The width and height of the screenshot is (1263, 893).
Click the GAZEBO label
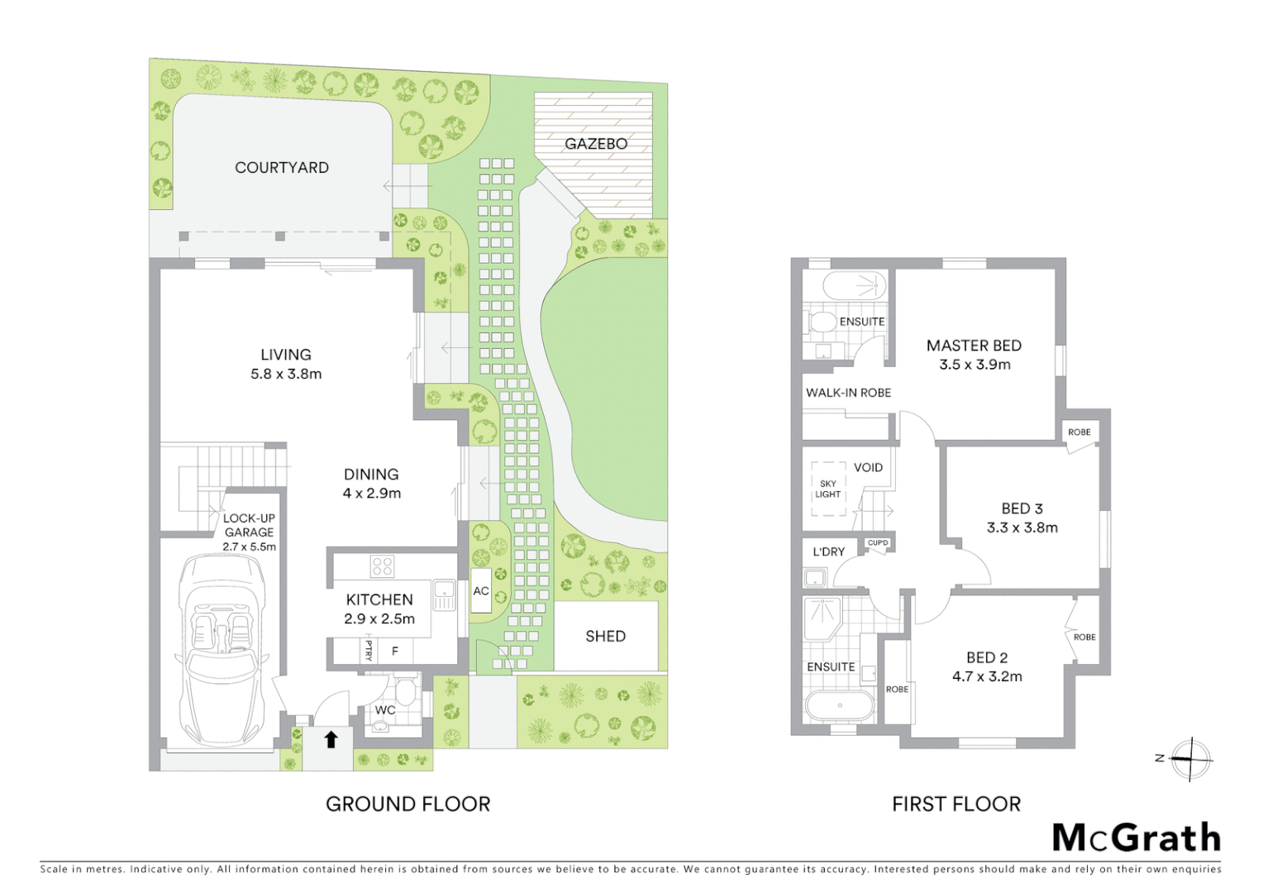pyautogui.click(x=596, y=144)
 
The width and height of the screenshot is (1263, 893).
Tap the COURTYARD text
pyautogui.click(x=282, y=168)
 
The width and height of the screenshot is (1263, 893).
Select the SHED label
pyautogui.click(x=605, y=636)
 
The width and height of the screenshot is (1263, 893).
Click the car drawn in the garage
pyautogui.click(x=220, y=649)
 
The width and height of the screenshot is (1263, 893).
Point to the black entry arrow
pyautogui.click(x=331, y=739)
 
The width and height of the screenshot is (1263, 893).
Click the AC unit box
pyautogui.click(x=481, y=591)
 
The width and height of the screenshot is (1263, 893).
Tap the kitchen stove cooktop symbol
pyautogui.click(x=382, y=566)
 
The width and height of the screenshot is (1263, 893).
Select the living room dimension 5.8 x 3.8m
pyautogui.click(x=286, y=374)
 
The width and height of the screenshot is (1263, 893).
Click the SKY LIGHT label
pyautogui.click(x=827, y=489)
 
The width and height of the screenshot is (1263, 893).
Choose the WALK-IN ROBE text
pyautogui.click(x=848, y=393)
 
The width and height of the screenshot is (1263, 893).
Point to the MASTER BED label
pyautogui.click(x=974, y=346)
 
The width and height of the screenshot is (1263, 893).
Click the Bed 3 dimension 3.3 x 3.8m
pyautogui.click(x=1022, y=528)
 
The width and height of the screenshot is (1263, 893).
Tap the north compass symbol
pyautogui.click(x=1189, y=758)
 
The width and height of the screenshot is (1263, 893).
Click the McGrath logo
pyautogui.click(x=1137, y=838)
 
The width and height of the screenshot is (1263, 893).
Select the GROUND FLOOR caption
pyautogui.click(x=407, y=804)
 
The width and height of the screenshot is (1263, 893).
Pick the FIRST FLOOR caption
pyautogui.click(x=956, y=804)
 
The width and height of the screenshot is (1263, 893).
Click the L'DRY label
pyautogui.click(x=828, y=552)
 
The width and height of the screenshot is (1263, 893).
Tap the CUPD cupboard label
pyautogui.click(x=878, y=543)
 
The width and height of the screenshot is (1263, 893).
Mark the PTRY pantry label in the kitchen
pyautogui.click(x=369, y=651)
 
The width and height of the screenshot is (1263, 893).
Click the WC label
pyautogui.click(x=385, y=710)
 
